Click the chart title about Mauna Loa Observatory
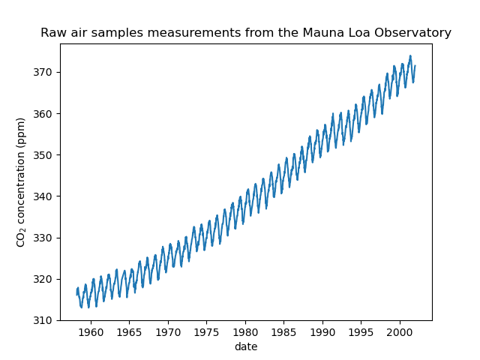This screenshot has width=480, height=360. (x=246, y=33)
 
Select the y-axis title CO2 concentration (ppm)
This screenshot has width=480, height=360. (x=22, y=181)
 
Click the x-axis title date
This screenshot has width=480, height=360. (x=245, y=346)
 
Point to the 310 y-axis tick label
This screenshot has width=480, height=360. (x=44, y=320)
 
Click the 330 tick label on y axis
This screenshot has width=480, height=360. (x=44, y=238)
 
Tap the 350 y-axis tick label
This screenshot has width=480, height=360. (x=44, y=155)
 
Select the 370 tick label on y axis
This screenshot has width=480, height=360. (x=44, y=72)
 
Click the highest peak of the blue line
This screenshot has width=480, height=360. (x=410, y=55)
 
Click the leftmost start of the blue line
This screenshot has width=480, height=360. (x=76, y=292)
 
